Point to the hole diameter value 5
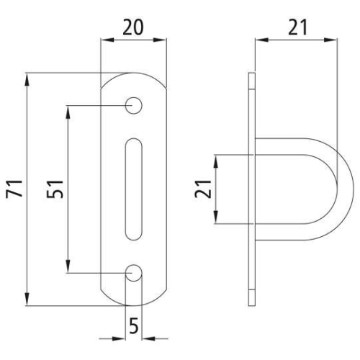click(134, 326)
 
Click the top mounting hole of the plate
click(134, 106)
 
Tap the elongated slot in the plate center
click(134, 189)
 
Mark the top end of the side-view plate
click(252, 76)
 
